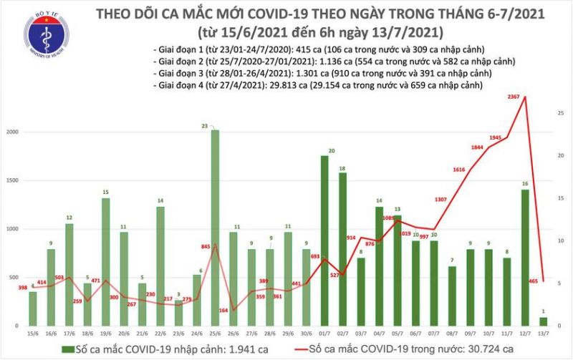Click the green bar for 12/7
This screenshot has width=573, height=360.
point(525,258)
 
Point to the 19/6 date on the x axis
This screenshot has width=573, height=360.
point(105,333)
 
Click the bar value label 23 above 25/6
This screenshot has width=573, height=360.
point(204,126)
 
